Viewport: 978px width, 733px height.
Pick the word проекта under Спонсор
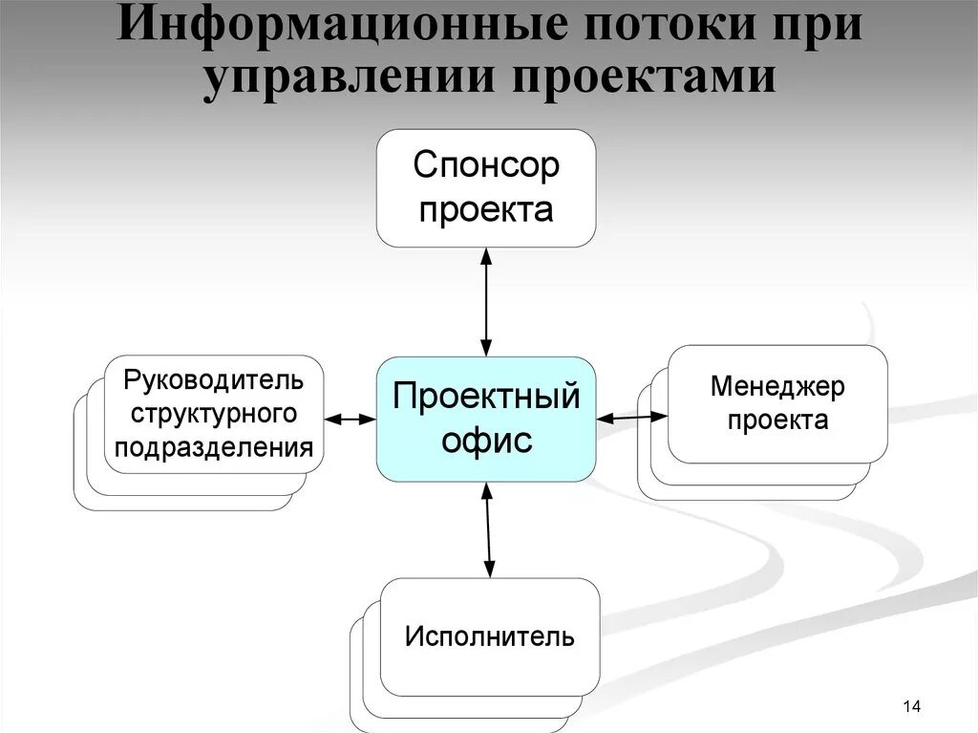[486, 209]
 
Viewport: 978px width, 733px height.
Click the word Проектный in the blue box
[486, 396]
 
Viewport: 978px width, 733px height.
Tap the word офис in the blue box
[486, 441]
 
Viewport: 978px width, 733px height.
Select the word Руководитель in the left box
[214, 380]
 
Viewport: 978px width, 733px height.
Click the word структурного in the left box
[214, 414]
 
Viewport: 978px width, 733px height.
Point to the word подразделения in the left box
[214, 446]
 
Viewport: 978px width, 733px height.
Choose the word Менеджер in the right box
[777, 387]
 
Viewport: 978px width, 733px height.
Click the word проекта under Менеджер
[777, 420]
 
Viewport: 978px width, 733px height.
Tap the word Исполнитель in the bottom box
[490, 636]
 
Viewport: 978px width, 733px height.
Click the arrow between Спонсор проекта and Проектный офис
[486, 302]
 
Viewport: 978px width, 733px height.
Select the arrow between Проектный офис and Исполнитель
[488, 529]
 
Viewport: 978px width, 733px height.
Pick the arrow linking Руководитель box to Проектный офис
[350, 419]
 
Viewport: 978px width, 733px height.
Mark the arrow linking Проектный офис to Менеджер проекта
[631, 417]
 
